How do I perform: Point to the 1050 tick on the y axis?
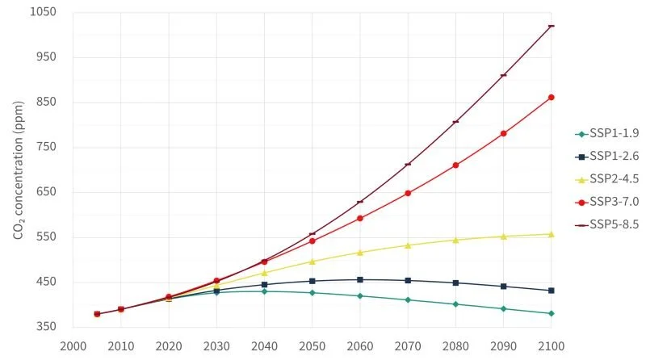pyautogui.click(x=44, y=12)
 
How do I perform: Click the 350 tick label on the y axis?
pyautogui.click(x=47, y=327)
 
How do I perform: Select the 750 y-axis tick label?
pyautogui.click(x=47, y=147)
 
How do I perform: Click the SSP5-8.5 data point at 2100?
pyautogui.click(x=552, y=26)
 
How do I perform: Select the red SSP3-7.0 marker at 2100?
pyautogui.click(x=552, y=97)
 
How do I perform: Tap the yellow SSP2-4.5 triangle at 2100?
pyautogui.click(x=552, y=234)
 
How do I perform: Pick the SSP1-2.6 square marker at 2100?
pyautogui.click(x=552, y=291)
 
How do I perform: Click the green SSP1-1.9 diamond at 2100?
pyautogui.click(x=552, y=313)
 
